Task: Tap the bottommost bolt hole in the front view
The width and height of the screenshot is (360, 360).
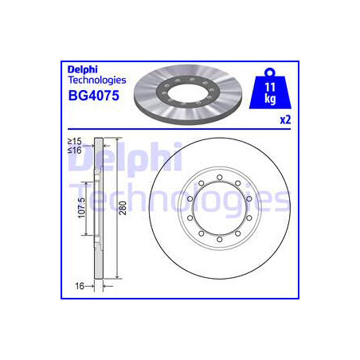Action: pyautogui.click(x=217, y=240)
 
